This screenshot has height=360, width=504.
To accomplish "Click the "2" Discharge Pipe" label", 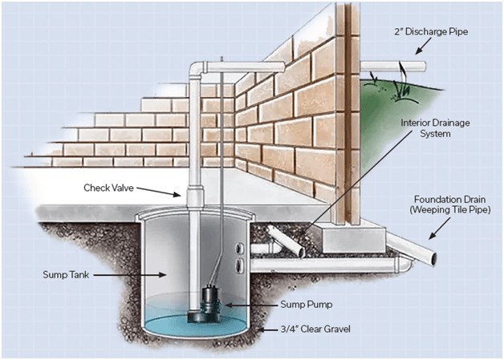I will pos(426,33).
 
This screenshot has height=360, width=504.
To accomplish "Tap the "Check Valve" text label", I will pos(110,188).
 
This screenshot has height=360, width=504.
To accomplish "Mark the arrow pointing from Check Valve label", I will pos(165,191).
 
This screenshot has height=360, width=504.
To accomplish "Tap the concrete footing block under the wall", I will pos(345,238).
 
